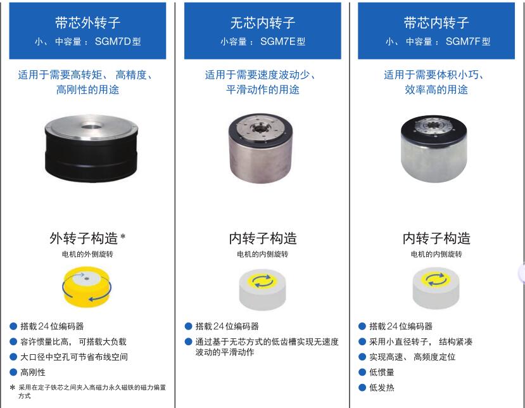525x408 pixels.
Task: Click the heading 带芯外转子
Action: pyautogui.click(x=88, y=23)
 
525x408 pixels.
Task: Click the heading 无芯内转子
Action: pyautogui.click(x=262, y=23)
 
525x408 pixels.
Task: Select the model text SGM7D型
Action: pyautogui.click(x=118, y=42)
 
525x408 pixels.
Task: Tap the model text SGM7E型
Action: pyautogui.click(x=282, y=42)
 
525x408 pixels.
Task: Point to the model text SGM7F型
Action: pyautogui.click(x=468, y=42)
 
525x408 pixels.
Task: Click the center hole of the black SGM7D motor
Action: pyautogui.click(x=91, y=127)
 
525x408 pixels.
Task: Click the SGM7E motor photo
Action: pyautogui.click(x=261, y=148)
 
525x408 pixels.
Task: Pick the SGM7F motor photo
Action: pyautogui.click(x=434, y=149)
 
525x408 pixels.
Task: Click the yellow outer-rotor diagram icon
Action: pyautogui.click(x=87, y=287)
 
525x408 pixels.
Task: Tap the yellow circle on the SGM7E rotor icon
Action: pyautogui.click(x=263, y=281)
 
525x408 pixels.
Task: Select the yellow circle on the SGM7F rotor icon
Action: pyautogui.click(x=436, y=279)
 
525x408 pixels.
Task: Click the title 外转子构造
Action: pyautogui.click(x=84, y=238)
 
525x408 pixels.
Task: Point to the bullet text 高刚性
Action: pyautogui.click(x=33, y=372)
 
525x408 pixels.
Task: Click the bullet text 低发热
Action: pyautogui.click(x=382, y=388)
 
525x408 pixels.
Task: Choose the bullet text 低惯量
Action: pyautogui.click(x=382, y=372)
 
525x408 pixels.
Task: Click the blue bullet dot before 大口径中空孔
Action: pyautogui.click(x=13, y=357)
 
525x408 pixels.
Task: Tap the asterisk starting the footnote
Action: pyautogui.click(x=13, y=388)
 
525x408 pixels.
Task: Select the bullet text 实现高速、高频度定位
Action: pyautogui.click(x=412, y=357)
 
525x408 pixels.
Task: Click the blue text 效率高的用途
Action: pyautogui.click(x=436, y=89)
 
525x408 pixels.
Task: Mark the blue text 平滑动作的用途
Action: pyautogui.click(x=262, y=89)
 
